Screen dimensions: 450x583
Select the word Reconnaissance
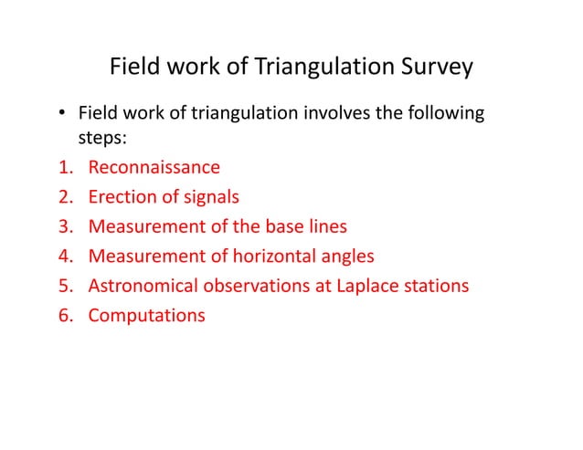154,167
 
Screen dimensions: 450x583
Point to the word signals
211,196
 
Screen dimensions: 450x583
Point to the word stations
435,286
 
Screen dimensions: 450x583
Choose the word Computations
146,316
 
